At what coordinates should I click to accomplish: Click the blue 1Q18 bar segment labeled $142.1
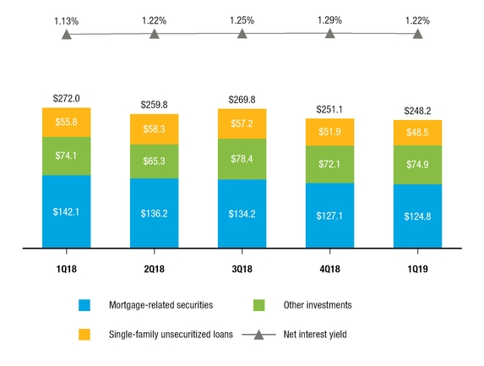coord(66,211)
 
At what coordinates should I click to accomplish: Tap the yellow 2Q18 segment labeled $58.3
coord(154,128)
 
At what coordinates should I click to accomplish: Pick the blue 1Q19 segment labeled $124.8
coord(416,216)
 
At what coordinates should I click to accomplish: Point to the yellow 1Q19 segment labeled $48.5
coord(416,133)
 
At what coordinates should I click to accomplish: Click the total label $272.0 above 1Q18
coord(66,99)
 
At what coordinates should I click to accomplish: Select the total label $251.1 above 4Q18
coord(329,109)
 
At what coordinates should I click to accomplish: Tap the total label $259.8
coord(154,105)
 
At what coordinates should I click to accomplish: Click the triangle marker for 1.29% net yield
coord(329,35)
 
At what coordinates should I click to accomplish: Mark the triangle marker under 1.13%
coord(66,35)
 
